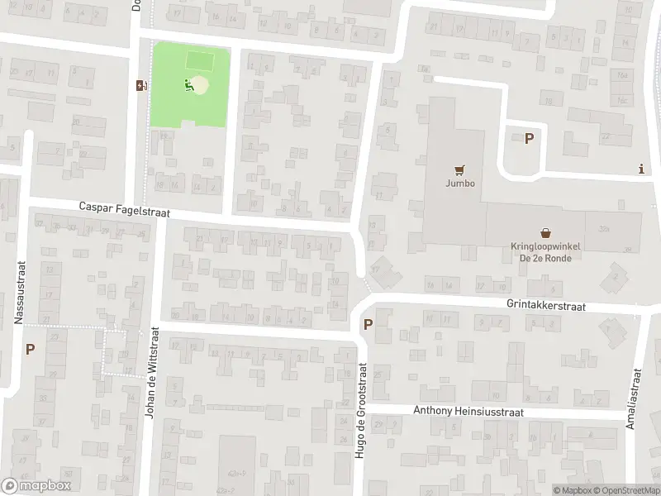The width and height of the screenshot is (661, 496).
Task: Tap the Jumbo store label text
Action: pyautogui.click(x=461, y=184)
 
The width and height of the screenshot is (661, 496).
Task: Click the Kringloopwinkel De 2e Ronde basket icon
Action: pyautogui.click(x=545, y=232)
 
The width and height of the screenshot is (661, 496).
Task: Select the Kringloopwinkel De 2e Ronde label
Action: pyautogui.click(x=545, y=251)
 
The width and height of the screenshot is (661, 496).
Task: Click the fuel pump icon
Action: pyautogui.click(x=141, y=84)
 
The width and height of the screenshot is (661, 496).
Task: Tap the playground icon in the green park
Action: pyautogui.click(x=189, y=83)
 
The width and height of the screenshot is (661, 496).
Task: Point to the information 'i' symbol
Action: pyautogui.click(x=642, y=169)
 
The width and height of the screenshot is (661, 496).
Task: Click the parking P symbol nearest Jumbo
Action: pyautogui.click(x=529, y=139)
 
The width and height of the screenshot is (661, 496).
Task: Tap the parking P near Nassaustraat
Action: pyautogui.click(x=30, y=349)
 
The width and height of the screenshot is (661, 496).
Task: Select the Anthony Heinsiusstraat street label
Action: pyautogui.click(x=468, y=412)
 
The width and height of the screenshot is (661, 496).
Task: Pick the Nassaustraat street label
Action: pyautogui.click(x=21, y=293)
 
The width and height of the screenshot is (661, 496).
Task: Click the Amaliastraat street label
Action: pyautogui.click(x=635, y=402)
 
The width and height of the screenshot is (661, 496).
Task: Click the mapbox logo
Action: pyautogui.click(x=36, y=485)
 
